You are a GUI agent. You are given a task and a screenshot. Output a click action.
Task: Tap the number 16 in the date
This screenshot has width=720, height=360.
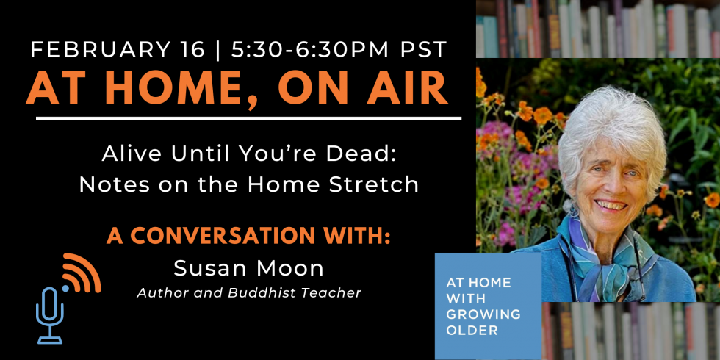click(190, 50)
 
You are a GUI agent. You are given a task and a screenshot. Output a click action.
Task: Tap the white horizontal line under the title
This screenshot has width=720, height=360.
click(248, 118)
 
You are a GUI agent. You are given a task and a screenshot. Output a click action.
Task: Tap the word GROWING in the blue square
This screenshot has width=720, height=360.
click(483, 314)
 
